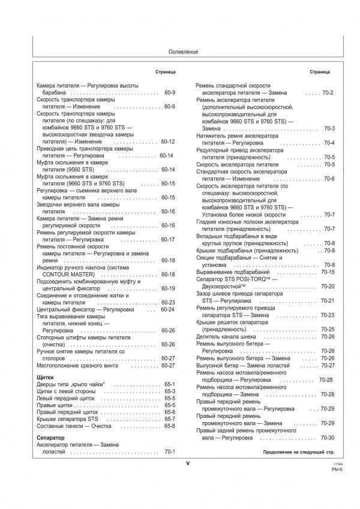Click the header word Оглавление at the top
point(183,52)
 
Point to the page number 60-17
point(168,239)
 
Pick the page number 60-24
point(168,309)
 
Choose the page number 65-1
point(169,383)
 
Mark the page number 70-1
point(169,451)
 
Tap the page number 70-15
point(328,272)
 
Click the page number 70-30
point(328,437)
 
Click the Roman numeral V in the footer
point(187,463)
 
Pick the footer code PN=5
point(337,470)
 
